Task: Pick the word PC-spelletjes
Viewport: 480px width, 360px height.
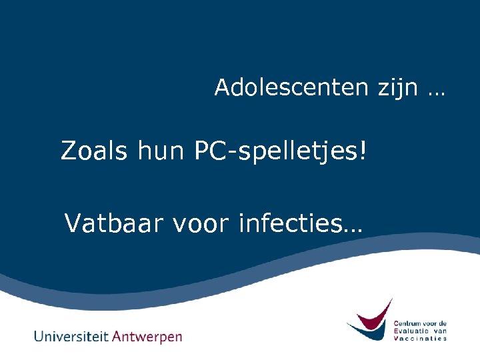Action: click(275, 152)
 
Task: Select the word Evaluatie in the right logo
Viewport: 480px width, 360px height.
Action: click(413, 331)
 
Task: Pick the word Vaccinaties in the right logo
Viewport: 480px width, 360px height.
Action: click(420, 338)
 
